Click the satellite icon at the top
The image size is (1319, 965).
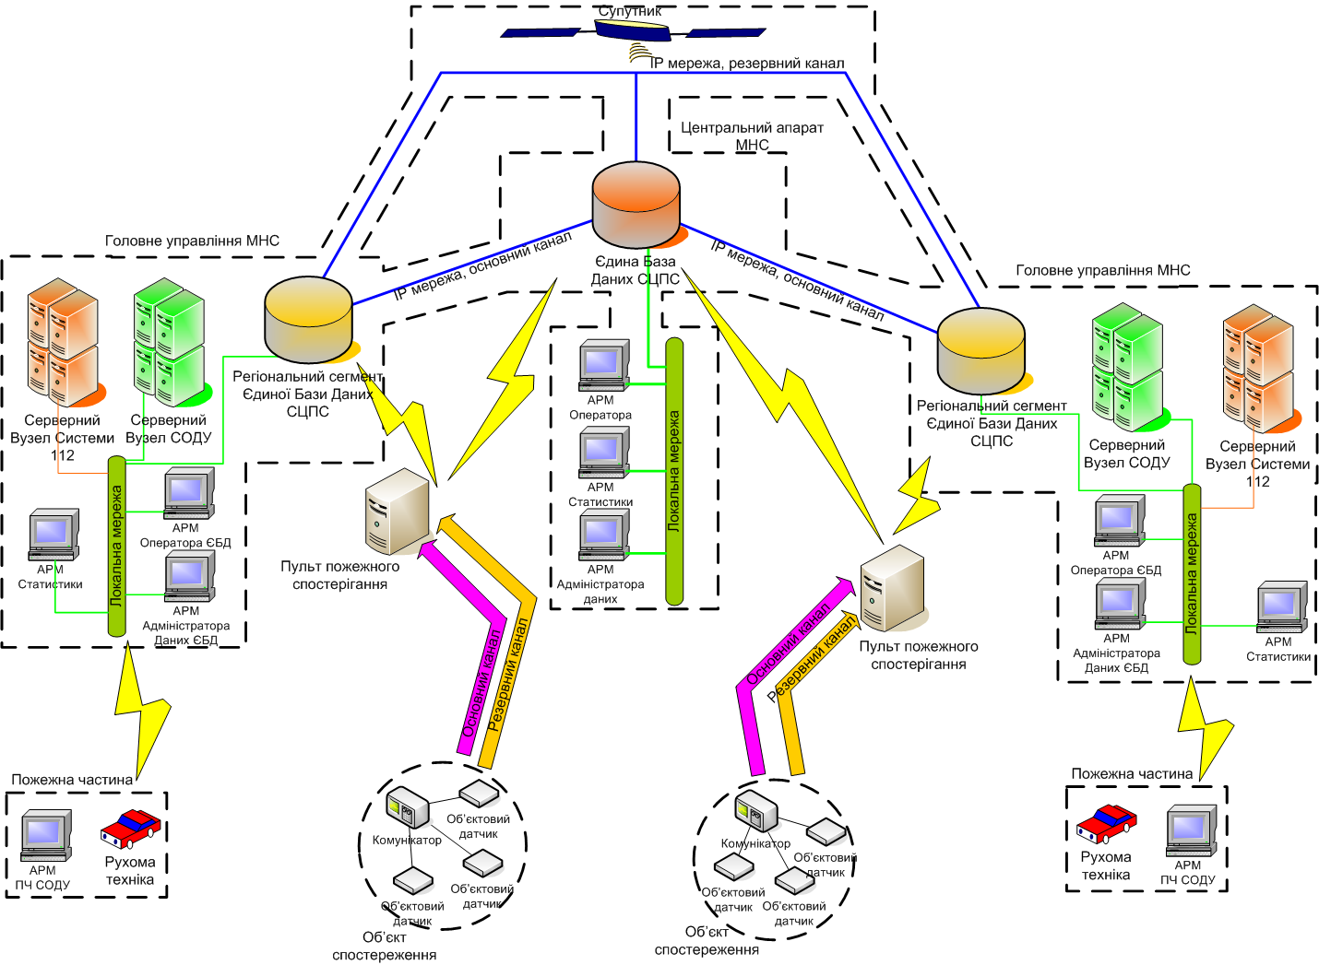click(x=633, y=32)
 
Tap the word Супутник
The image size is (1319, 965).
click(x=630, y=11)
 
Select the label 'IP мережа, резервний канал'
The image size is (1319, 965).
click(x=747, y=64)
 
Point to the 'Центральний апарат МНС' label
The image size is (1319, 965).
click(x=752, y=136)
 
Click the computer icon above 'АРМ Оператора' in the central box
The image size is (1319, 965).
click(x=603, y=365)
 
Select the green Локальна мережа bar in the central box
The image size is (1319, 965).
click(x=674, y=470)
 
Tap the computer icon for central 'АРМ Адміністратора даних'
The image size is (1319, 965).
click(x=603, y=535)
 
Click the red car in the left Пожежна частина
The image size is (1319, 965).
click(x=130, y=828)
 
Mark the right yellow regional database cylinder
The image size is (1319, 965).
click(x=981, y=351)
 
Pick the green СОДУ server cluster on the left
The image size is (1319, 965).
click(x=169, y=341)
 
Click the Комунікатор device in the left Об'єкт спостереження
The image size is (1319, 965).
click(x=408, y=807)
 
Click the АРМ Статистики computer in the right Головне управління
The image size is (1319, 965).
click(x=1280, y=606)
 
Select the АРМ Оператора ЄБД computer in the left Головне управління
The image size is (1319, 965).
click(x=188, y=493)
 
